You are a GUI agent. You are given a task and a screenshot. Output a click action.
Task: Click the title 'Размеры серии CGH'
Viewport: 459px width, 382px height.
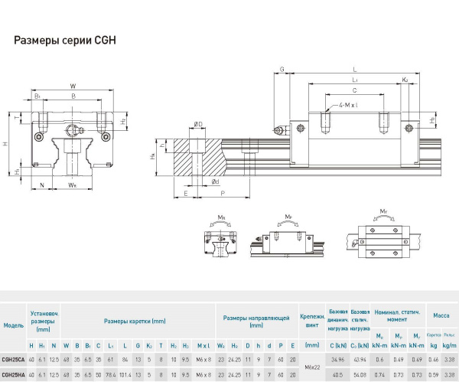pyautogui.click(x=65, y=40)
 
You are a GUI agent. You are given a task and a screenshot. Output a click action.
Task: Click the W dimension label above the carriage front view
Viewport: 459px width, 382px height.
pyautogui.click(x=72, y=85)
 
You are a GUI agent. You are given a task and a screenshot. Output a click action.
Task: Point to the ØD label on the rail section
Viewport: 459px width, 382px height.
pyautogui.click(x=198, y=124)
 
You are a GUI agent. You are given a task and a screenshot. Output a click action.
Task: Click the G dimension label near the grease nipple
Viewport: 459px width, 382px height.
pyautogui.click(x=281, y=69)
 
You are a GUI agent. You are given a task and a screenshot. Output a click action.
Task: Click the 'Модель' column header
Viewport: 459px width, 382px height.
pyautogui.click(x=13, y=325)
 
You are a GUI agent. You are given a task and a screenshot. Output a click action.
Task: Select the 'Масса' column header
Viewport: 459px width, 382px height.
pyautogui.click(x=441, y=315)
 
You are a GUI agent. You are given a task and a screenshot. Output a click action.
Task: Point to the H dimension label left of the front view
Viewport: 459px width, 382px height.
pyautogui.click(x=6, y=143)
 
